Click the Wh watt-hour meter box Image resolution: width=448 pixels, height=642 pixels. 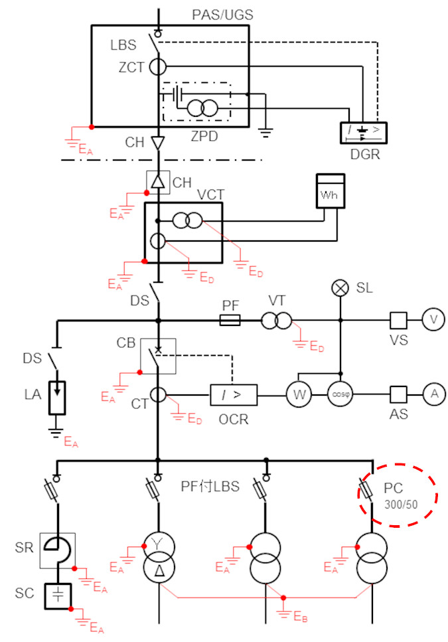(x=330, y=191)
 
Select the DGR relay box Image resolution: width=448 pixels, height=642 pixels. (x=363, y=133)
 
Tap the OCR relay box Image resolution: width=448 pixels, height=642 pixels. (x=234, y=395)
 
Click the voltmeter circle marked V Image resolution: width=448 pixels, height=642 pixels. (x=433, y=320)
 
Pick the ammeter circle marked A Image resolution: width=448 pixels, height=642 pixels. (x=434, y=394)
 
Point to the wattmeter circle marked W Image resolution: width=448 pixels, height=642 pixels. (x=299, y=395)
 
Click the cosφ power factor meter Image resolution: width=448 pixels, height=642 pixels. (x=340, y=395)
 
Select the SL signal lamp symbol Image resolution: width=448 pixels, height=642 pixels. (x=340, y=288)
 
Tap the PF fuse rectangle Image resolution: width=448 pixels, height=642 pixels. (x=230, y=320)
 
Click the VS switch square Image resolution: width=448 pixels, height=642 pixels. (x=398, y=320)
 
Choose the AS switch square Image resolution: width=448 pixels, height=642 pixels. (x=398, y=395)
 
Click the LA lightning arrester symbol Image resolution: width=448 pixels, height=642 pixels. (x=57, y=398)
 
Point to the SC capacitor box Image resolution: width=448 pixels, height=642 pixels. (x=58, y=596)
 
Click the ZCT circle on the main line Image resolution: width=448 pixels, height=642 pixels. (x=157, y=67)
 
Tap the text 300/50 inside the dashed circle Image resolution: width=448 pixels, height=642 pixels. (x=401, y=505)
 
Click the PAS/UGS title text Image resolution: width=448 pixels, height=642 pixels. (x=222, y=15)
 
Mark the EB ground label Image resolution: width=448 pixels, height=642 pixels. (x=300, y=616)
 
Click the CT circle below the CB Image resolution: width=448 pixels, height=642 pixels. (x=158, y=395)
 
